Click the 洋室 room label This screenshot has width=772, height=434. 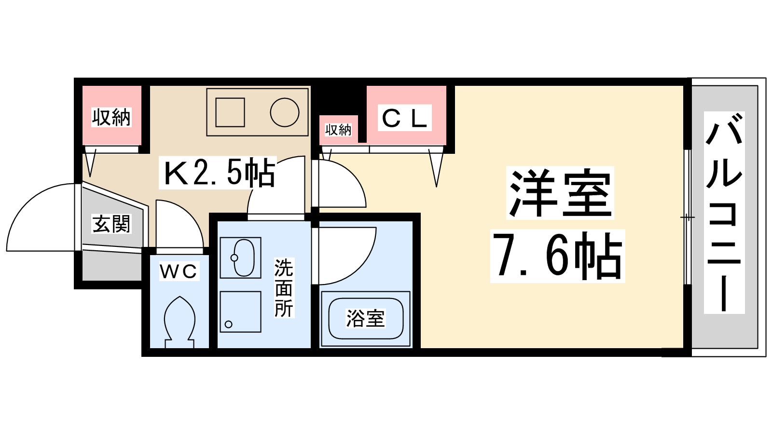[560, 193]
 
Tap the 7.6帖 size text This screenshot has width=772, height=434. [557, 256]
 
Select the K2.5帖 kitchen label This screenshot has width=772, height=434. [218, 173]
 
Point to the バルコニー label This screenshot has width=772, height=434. [724, 212]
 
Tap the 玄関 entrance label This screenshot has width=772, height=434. [111, 224]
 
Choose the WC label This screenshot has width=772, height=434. [179, 271]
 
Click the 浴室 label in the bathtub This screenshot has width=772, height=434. [365, 318]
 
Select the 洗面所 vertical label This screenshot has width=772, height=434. [284, 288]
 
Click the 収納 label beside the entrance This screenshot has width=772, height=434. [111, 117]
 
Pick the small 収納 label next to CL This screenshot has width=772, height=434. [338, 129]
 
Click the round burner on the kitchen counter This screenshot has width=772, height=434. [285, 112]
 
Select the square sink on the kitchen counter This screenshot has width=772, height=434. [230, 112]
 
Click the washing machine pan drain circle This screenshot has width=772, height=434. [229, 324]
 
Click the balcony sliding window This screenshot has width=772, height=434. [688, 217]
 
